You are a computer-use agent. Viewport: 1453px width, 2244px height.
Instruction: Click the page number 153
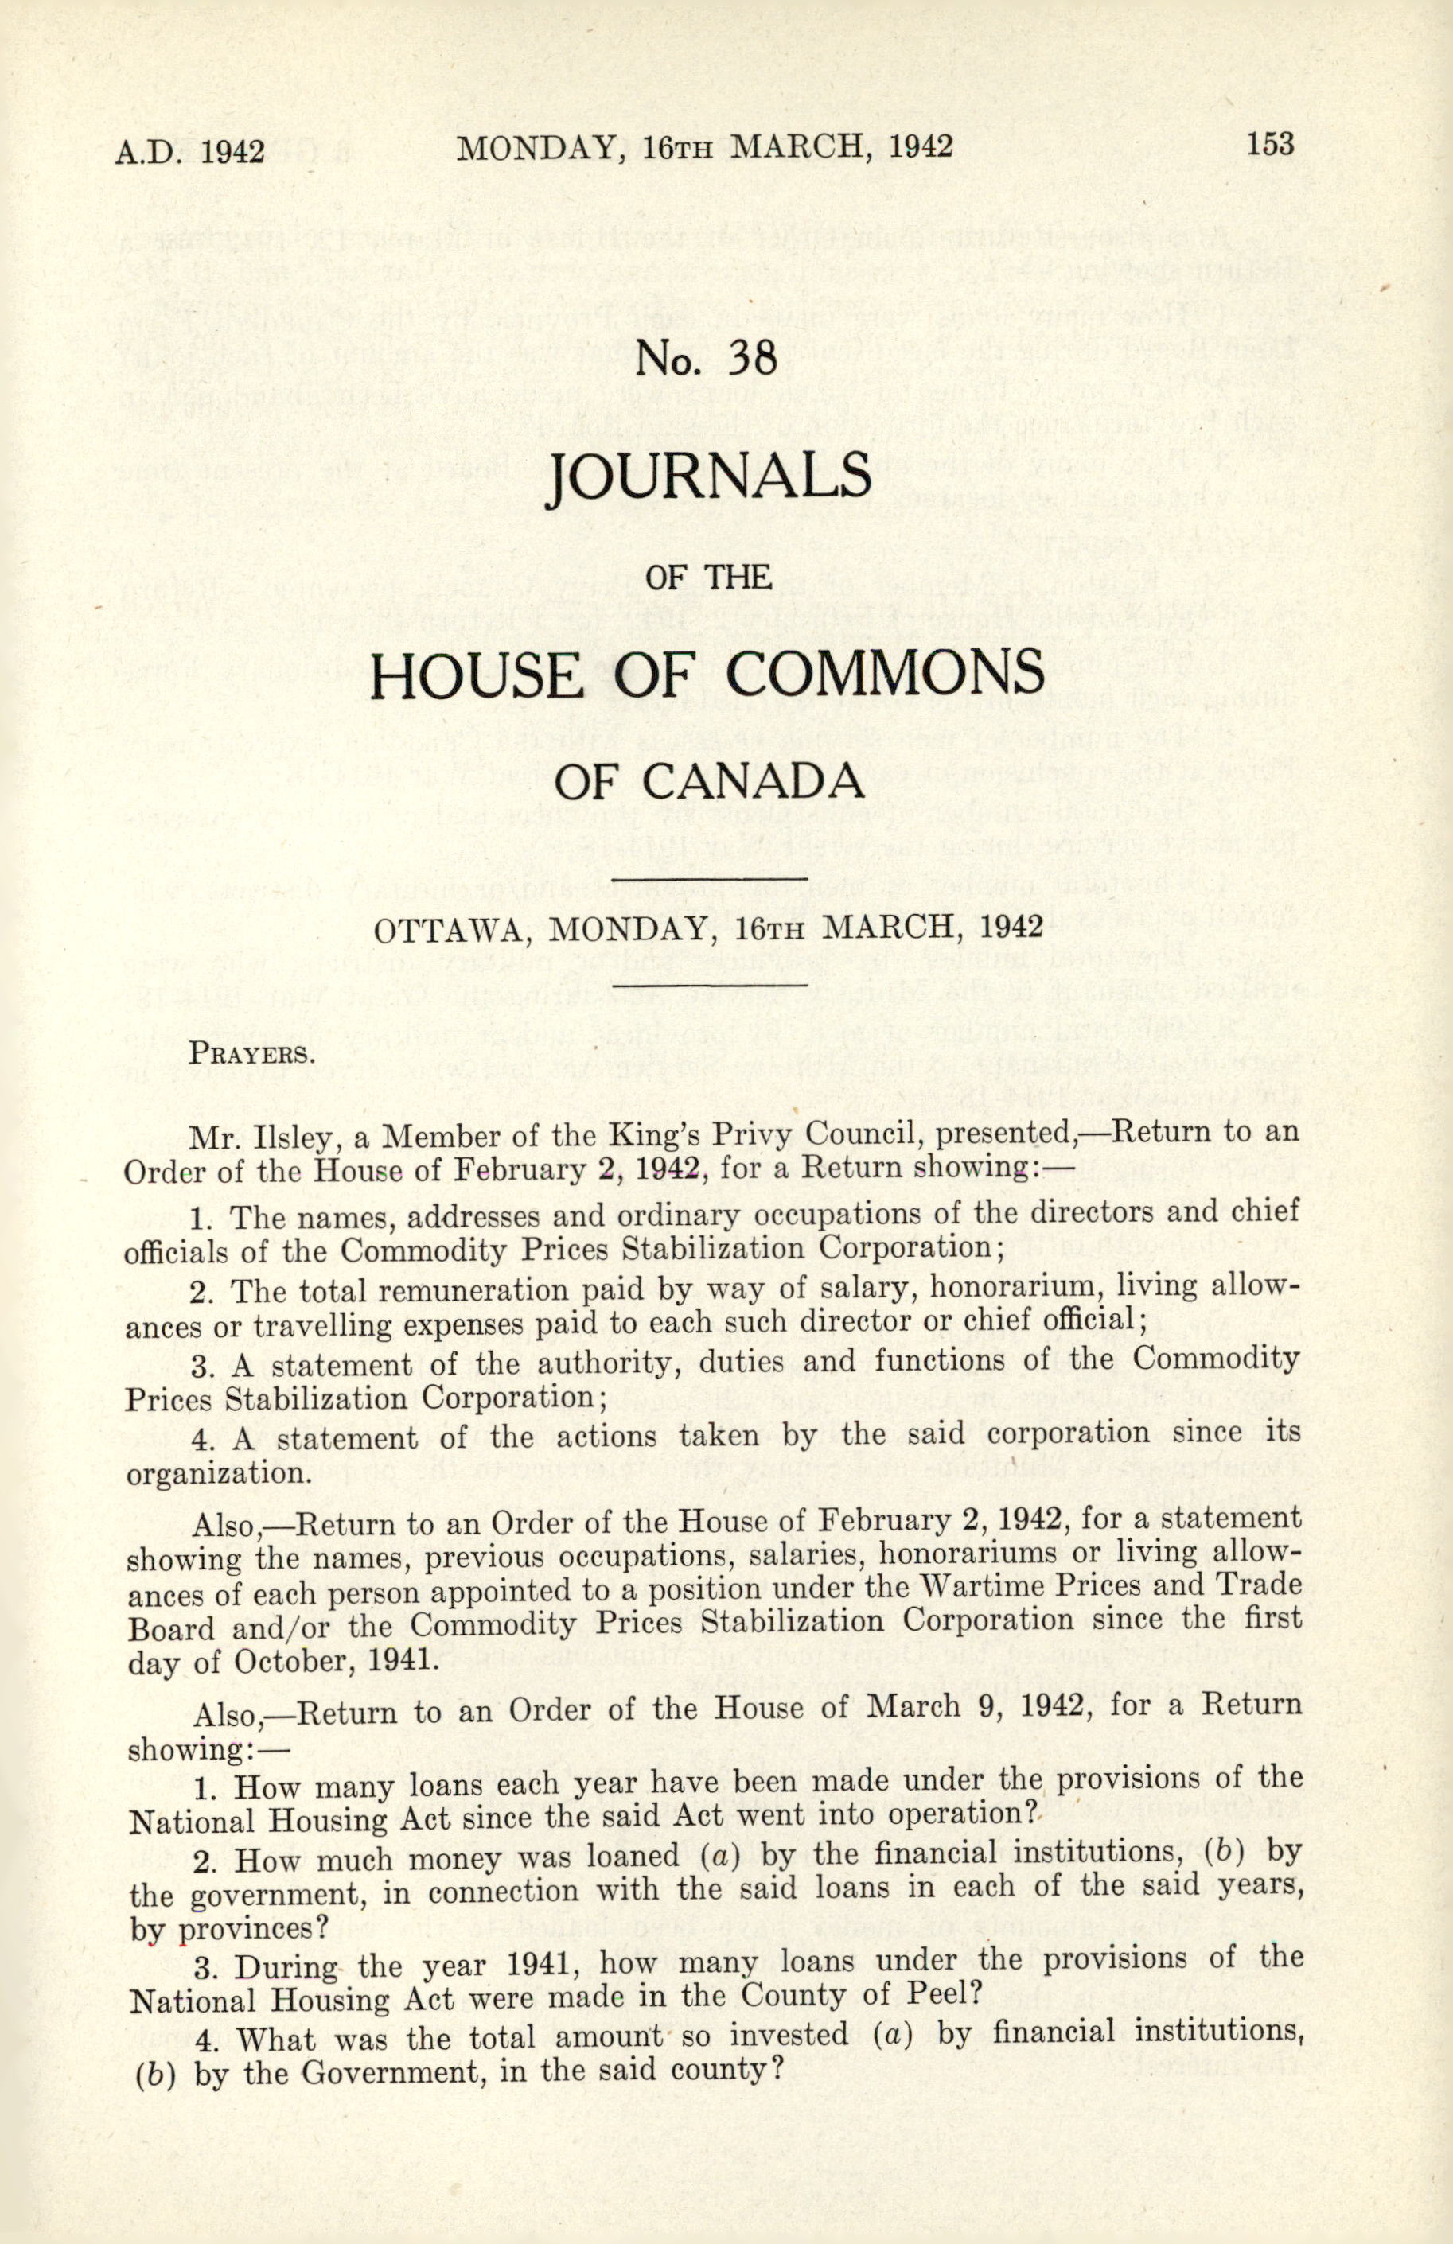coord(1270,146)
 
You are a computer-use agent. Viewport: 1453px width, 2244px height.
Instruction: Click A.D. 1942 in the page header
coord(189,152)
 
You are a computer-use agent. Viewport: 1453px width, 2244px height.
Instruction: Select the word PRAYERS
coord(250,1053)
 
